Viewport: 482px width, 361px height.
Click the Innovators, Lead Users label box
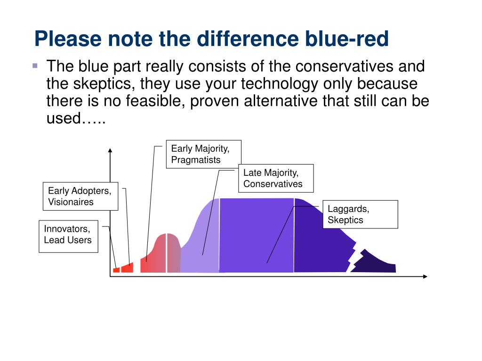pyautogui.click(x=68, y=236)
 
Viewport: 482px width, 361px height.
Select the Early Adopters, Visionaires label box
pyautogui.click(x=80, y=196)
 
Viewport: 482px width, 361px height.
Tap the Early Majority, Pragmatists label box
pyautogui.click(x=203, y=154)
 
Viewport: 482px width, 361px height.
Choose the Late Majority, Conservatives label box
pyautogui.click(x=276, y=178)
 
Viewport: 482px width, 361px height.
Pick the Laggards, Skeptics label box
pyautogui.click(x=360, y=214)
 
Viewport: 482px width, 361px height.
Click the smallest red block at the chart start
pyautogui.click(x=116, y=270)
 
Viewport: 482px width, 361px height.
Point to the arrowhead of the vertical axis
pyautogui.click(x=110, y=150)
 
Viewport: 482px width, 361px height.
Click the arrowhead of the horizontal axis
pyautogui.click(x=426, y=276)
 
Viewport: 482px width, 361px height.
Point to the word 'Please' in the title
pyautogui.click(x=68, y=39)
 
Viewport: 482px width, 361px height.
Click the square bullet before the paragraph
pyautogui.click(x=35, y=66)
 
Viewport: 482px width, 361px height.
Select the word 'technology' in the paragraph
pyautogui.click(x=279, y=84)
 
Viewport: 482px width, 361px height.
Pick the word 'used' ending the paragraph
pyautogui.click(x=64, y=118)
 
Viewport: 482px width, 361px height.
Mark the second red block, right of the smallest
pyautogui.click(x=127, y=267)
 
